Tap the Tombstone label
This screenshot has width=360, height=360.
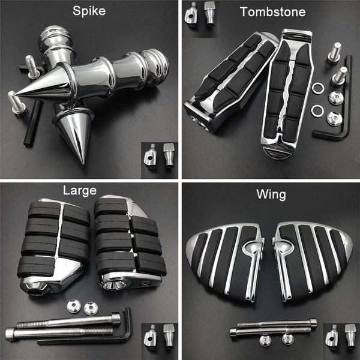pos(264,11)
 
